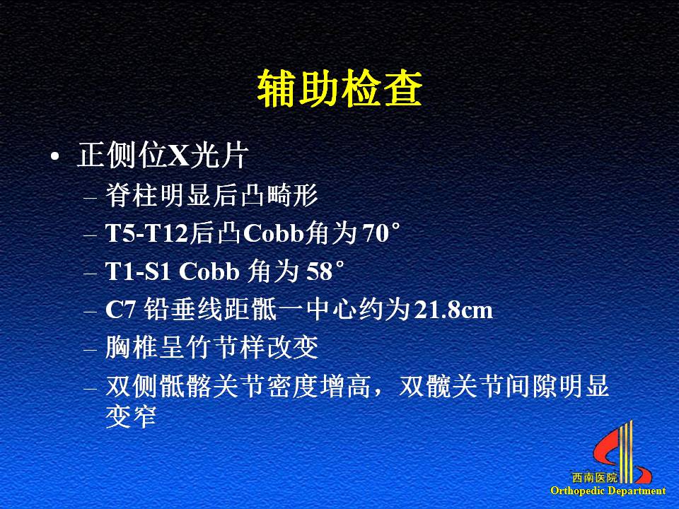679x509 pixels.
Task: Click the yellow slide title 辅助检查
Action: tap(339, 89)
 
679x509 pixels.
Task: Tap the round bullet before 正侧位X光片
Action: tap(54, 157)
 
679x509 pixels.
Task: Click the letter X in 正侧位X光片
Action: tap(178, 156)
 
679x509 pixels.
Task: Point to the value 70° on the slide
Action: tap(381, 233)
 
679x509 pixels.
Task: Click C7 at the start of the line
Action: tap(121, 310)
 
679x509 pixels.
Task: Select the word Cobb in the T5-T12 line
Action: tap(274, 233)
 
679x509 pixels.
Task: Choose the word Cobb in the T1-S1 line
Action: tap(209, 271)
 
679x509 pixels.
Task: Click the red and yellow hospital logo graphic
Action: tap(622, 452)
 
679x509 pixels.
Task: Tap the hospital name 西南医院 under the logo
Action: tap(595, 478)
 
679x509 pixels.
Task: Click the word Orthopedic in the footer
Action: tap(578, 491)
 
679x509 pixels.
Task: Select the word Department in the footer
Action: tap(637, 491)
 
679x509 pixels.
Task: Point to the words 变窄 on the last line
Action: tap(131, 416)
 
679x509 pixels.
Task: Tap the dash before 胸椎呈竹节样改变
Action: tap(91, 349)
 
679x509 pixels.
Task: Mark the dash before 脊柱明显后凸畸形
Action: tap(91, 197)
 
